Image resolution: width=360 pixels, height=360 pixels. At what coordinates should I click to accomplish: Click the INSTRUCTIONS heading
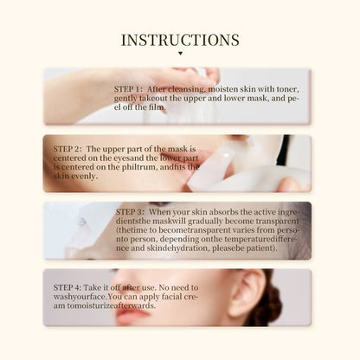(x=180, y=40)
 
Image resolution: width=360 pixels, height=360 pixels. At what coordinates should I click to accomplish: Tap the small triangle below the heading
(x=180, y=54)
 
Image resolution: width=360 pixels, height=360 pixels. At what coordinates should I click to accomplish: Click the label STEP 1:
(x=130, y=88)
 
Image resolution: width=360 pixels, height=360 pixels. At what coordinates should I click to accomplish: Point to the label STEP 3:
(x=131, y=210)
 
